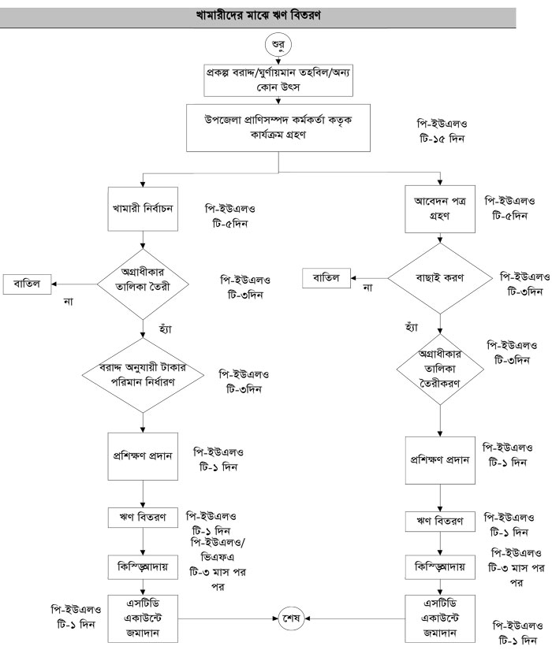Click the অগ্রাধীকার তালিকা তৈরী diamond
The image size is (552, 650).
[x=143, y=281]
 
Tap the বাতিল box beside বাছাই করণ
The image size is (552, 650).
[x=327, y=277]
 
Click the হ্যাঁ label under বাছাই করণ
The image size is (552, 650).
[x=411, y=325]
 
